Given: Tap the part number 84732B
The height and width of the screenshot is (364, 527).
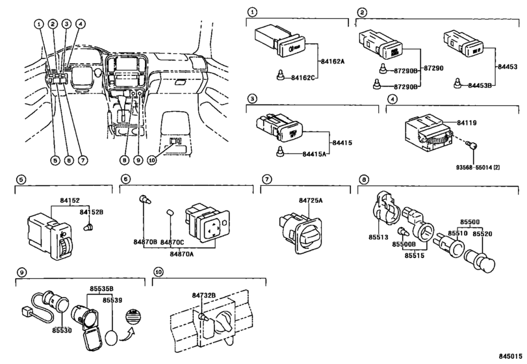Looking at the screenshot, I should [x=203, y=296].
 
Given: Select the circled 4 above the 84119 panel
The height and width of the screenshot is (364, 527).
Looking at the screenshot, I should [x=392, y=99].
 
